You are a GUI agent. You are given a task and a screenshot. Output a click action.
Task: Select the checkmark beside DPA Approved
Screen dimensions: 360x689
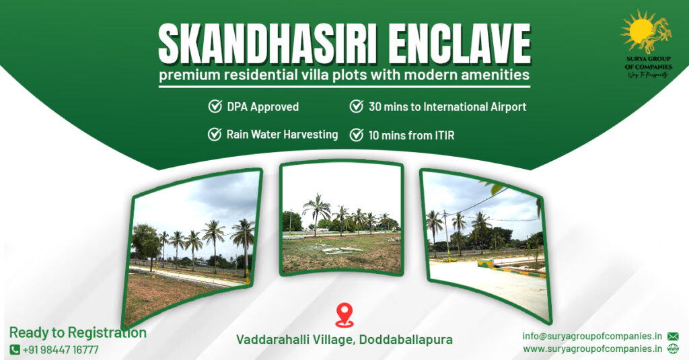tap(215, 106)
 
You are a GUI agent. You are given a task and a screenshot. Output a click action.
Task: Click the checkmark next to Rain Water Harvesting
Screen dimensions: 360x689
tap(215, 135)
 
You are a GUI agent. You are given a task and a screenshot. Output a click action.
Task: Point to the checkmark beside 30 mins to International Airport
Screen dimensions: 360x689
tap(357, 106)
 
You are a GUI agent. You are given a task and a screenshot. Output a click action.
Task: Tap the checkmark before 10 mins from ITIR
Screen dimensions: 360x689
tap(357, 135)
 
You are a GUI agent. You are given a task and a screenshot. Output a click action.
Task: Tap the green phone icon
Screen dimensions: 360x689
tap(15, 350)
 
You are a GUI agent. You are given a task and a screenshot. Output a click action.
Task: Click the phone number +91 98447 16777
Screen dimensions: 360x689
tap(61, 350)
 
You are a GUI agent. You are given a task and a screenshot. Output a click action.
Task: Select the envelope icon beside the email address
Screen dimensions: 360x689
tap(673, 336)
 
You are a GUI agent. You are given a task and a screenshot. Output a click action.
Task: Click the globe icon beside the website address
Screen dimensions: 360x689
tap(673, 349)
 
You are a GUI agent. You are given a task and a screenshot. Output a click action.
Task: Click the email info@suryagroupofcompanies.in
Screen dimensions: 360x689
tap(593, 336)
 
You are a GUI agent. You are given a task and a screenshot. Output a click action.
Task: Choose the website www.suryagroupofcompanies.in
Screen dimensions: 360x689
tap(593, 349)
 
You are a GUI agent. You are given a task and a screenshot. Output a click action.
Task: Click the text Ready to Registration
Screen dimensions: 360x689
tap(77, 332)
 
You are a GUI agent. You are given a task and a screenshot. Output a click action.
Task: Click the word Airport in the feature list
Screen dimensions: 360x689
tap(507, 106)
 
